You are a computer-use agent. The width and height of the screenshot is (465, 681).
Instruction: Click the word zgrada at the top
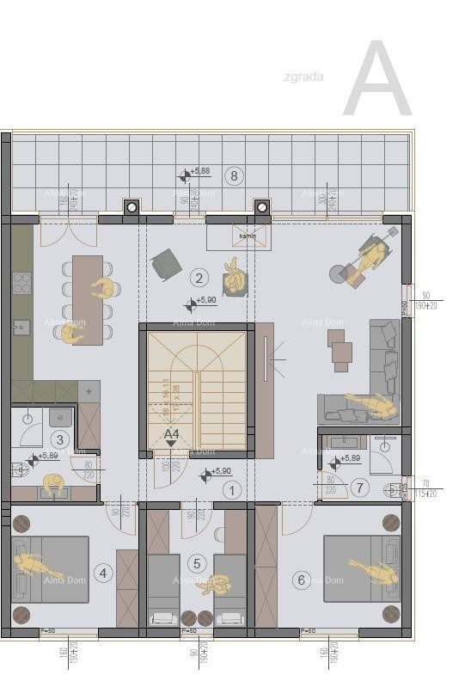303,77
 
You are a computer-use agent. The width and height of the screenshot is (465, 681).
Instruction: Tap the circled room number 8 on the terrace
233,176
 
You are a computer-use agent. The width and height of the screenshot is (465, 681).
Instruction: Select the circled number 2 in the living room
199,277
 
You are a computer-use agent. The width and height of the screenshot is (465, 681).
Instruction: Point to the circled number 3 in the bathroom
59,439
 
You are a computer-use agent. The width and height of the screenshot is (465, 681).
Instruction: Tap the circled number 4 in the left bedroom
103,573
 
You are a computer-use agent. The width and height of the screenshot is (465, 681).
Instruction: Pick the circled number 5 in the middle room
198,563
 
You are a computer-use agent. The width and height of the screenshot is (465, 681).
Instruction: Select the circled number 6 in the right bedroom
301,580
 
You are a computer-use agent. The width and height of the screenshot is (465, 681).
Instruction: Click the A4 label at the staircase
172,434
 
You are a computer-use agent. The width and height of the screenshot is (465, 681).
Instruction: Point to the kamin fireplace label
248,236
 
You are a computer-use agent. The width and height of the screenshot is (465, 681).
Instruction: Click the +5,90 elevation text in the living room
206,300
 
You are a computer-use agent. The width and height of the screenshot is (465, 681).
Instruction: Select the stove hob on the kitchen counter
22,283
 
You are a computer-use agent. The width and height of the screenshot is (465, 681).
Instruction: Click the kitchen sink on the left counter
21,326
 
